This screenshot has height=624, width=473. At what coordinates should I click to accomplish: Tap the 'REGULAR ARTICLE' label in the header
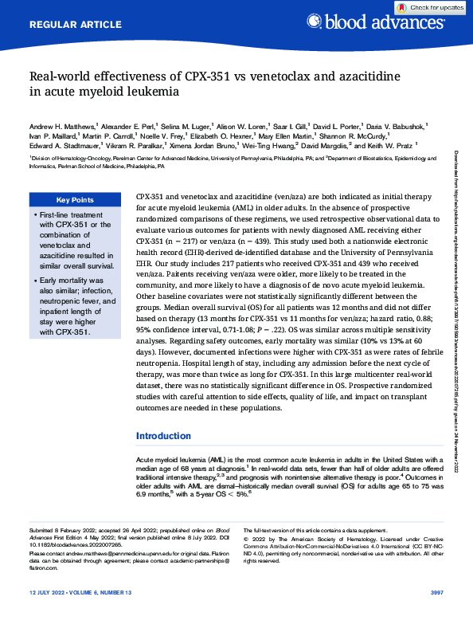click(x=70, y=25)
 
